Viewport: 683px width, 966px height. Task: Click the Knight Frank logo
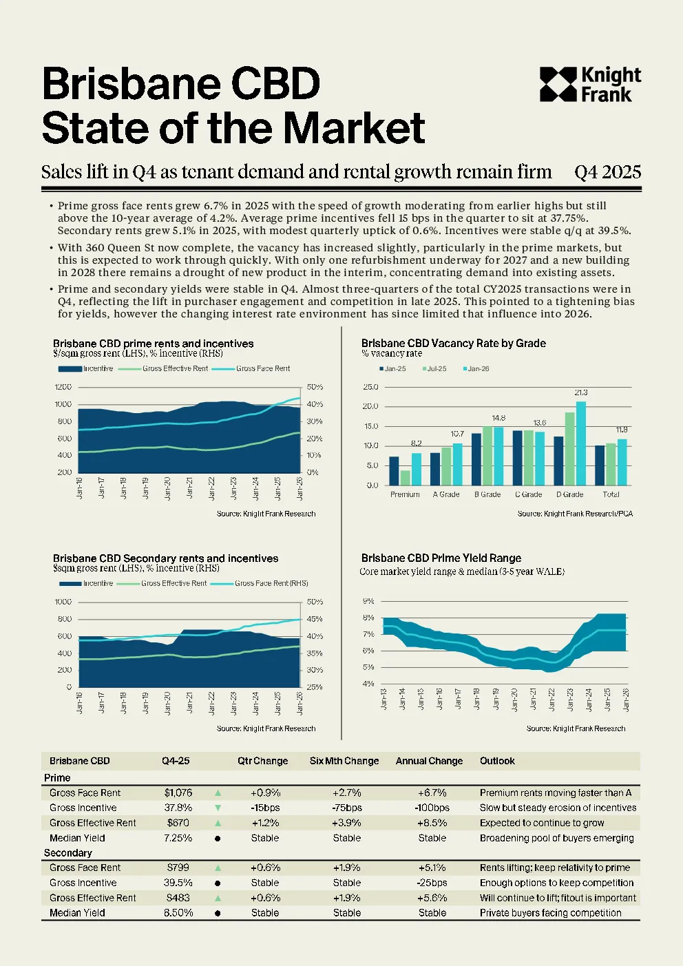click(x=590, y=85)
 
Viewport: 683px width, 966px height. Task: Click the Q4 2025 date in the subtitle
click(x=607, y=172)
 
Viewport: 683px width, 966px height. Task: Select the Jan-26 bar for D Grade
click(x=581, y=443)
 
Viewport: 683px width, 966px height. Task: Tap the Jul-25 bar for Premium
click(x=405, y=478)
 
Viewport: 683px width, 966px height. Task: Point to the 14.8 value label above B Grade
click(x=498, y=418)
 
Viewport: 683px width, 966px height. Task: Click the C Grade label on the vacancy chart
click(x=528, y=494)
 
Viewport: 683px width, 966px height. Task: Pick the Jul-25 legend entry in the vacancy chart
click(x=434, y=369)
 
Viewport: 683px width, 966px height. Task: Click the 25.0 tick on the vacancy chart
click(x=371, y=387)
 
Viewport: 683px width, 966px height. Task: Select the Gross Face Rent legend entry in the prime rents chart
click(x=251, y=368)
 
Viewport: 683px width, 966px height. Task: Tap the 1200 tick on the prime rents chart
click(x=63, y=387)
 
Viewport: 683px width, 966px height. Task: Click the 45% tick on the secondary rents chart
click(x=315, y=619)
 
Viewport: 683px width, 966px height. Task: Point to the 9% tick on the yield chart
click(x=368, y=600)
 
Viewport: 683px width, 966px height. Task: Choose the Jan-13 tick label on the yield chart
click(x=383, y=699)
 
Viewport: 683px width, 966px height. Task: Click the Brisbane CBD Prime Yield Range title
click(x=441, y=558)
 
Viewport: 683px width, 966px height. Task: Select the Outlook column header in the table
click(x=497, y=761)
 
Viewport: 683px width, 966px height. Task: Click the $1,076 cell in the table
click(x=178, y=792)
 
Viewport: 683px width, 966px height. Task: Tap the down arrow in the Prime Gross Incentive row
click(x=218, y=808)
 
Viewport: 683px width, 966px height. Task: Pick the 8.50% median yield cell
click(x=178, y=912)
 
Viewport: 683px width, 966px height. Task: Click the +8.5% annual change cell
click(x=432, y=823)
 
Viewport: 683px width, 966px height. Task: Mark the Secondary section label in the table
click(x=68, y=852)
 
